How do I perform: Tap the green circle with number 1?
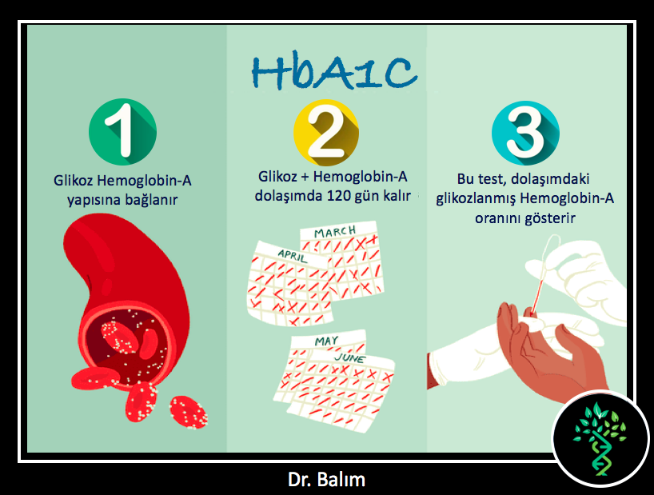coord(122,132)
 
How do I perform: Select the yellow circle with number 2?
coord(326,133)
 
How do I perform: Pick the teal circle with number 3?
coord(525,133)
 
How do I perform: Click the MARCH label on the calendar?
coord(335,231)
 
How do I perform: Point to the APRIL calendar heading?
coord(293,255)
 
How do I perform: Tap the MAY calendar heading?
coord(326,341)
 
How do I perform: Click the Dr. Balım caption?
coord(326,480)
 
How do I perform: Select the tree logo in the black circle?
coord(600,438)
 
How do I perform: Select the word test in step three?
coord(492,179)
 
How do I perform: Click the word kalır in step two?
coord(397,196)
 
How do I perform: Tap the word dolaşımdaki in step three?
coord(550,179)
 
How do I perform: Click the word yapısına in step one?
coord(94,200)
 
